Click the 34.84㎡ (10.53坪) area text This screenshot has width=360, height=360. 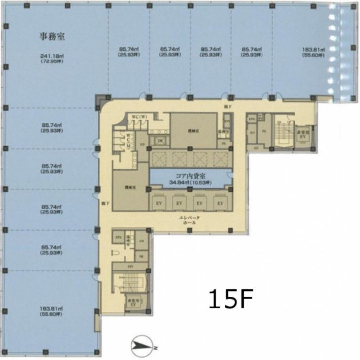190,183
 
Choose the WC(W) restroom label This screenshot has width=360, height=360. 138,117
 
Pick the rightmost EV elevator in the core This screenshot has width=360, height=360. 219,203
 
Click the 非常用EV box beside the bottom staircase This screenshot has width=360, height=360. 131,302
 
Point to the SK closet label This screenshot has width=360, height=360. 142,256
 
